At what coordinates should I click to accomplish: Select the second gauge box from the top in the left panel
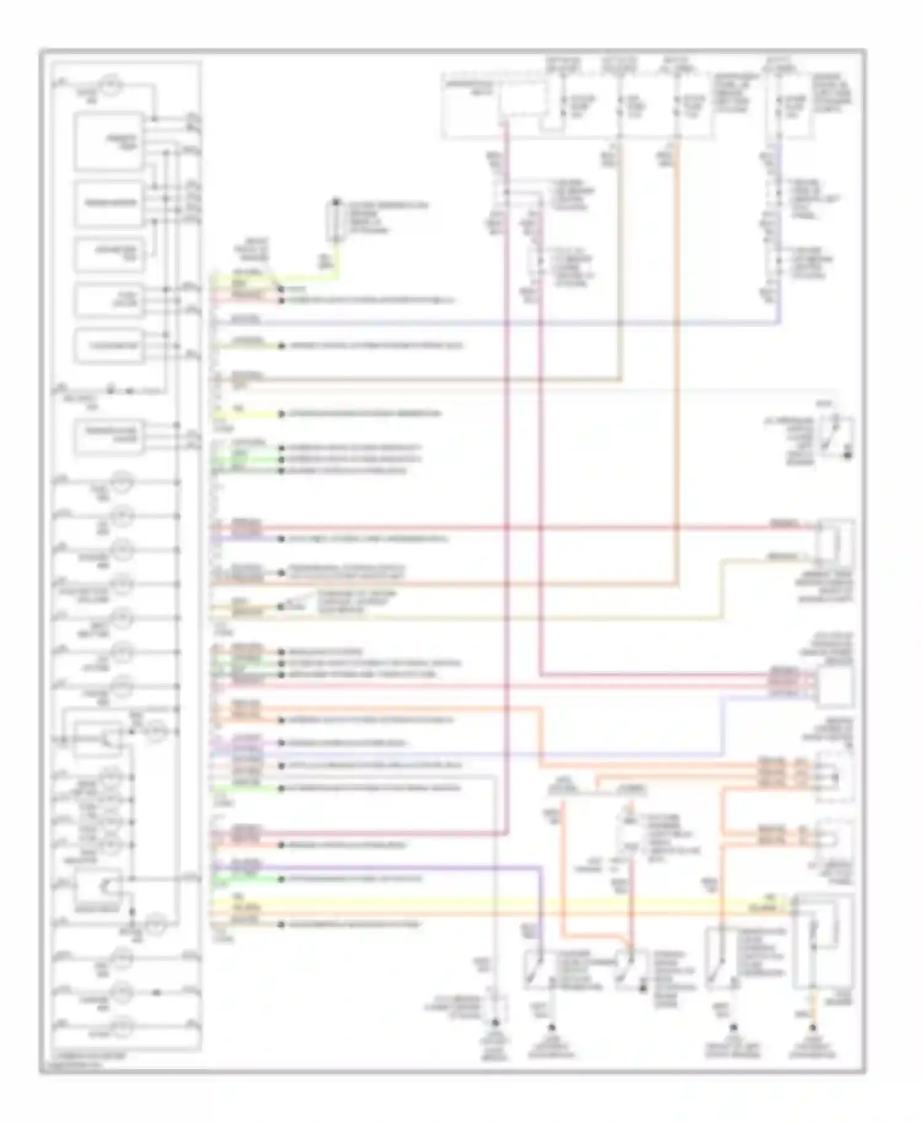point(109,203)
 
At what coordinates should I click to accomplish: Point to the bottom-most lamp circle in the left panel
point(122,1023)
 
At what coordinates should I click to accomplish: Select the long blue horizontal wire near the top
point(492,323)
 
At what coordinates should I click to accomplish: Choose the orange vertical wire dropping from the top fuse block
point(677,369)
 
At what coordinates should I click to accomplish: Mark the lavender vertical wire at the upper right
point(780,233)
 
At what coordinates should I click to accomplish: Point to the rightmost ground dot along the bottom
point(813,1027)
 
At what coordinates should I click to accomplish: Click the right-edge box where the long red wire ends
point(835,541)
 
